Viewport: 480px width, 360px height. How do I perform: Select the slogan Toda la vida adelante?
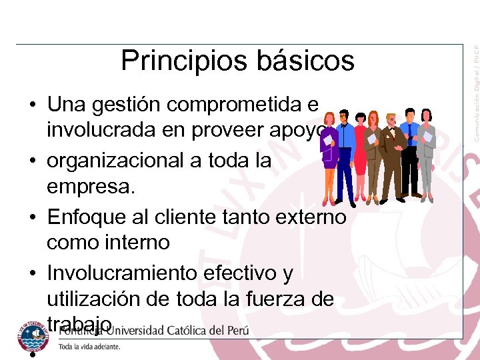89,347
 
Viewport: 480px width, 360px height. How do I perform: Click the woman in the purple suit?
329,157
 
